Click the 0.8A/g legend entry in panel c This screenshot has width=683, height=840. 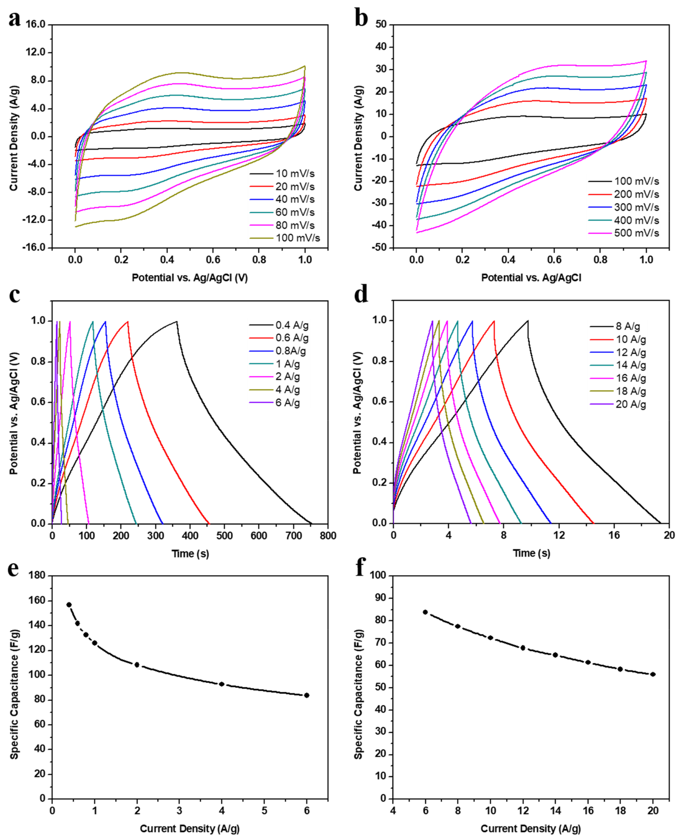click(x=290, y=351)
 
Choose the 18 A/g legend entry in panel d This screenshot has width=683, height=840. click(x=631, y=391)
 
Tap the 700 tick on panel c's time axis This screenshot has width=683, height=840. click(x=293, y=536)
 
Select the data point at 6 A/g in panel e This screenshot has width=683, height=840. click(x=307, y=695)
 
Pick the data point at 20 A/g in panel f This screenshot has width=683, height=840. click(x=653, y=674)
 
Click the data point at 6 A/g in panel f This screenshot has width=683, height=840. click(x=425, y=612)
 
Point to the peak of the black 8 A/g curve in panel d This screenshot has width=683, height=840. click(x=527, y=321)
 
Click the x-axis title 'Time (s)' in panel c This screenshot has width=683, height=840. click(x=190, y=554)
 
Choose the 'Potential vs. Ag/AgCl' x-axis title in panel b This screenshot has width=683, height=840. click(x=531, y=278)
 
